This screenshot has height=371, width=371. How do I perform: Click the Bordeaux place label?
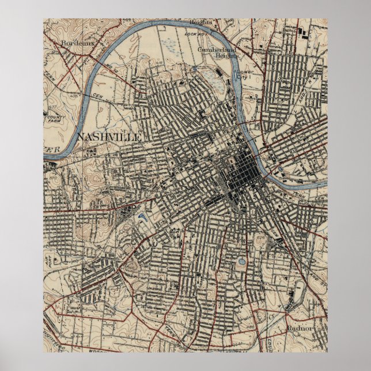tap(76, 43)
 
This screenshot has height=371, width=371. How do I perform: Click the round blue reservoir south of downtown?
tap(241, 263)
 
